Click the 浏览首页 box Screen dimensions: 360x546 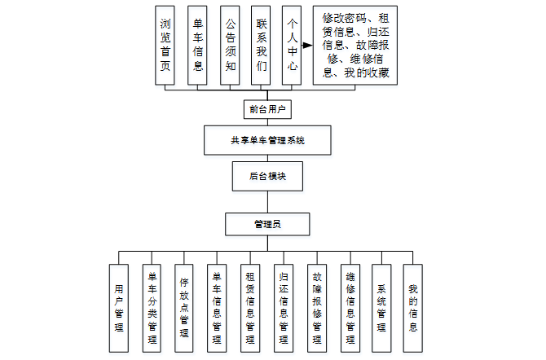[x=165, y=45]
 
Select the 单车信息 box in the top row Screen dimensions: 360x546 [x=198, y=45]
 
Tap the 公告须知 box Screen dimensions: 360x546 [x=231, y=45]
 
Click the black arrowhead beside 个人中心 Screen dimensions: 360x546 [x=307, y=46]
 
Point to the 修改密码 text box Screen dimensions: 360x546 [x=355, y=45]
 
